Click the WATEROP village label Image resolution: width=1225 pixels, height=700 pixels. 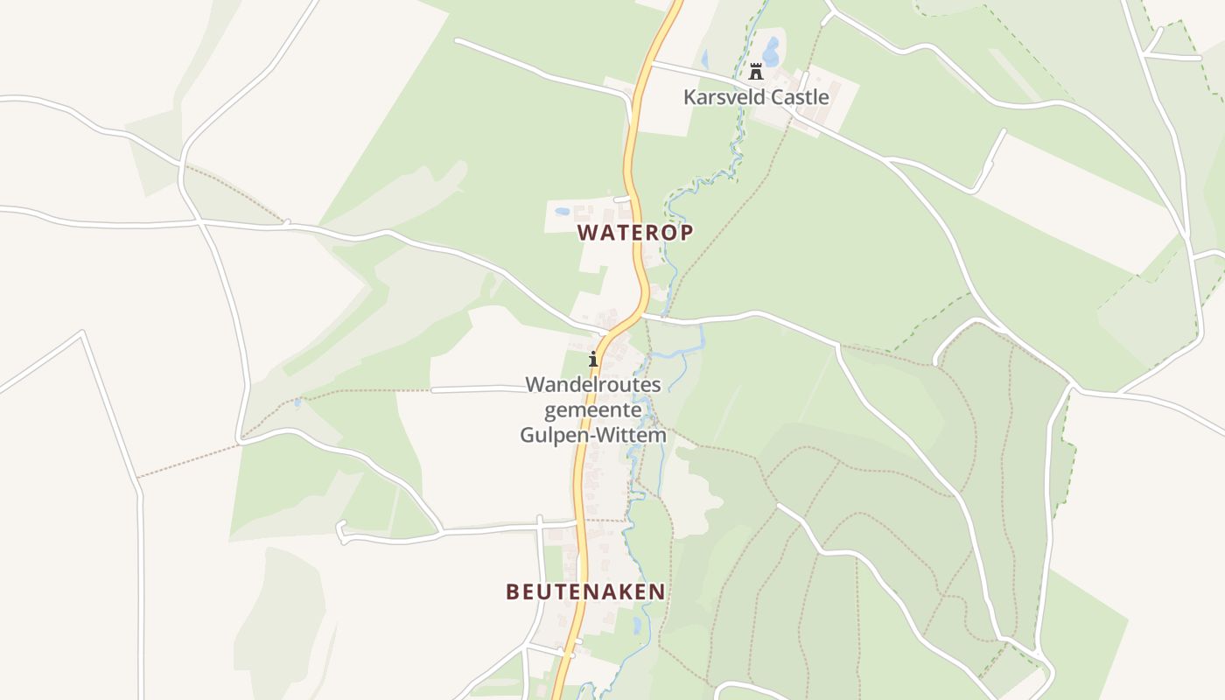pos(635,232)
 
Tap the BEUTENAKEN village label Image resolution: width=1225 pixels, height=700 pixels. pos(585,591)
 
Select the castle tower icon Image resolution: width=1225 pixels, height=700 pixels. pos(756,72)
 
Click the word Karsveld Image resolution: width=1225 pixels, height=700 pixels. pos(722,97)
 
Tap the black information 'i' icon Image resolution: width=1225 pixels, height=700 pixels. pos(593,359)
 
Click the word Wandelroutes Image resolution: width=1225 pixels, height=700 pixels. pos(593,385)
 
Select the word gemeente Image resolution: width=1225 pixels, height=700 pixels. pos(593,409)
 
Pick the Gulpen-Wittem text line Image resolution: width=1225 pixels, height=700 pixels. pos(593,435)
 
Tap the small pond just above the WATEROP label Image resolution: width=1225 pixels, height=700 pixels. pos(562,211)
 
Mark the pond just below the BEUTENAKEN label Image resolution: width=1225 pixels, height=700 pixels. pos(636,625)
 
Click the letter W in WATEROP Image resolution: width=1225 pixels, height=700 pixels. pos(586,232)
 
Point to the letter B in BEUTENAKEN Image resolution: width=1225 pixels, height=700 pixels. pos(512,591)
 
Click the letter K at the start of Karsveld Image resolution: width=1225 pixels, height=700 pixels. pos(689,97)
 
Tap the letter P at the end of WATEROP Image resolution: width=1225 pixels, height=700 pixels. pos(686,232)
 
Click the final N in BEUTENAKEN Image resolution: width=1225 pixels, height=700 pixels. pos(657,591)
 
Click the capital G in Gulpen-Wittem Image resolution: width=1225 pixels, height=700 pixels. pos(528,435)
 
